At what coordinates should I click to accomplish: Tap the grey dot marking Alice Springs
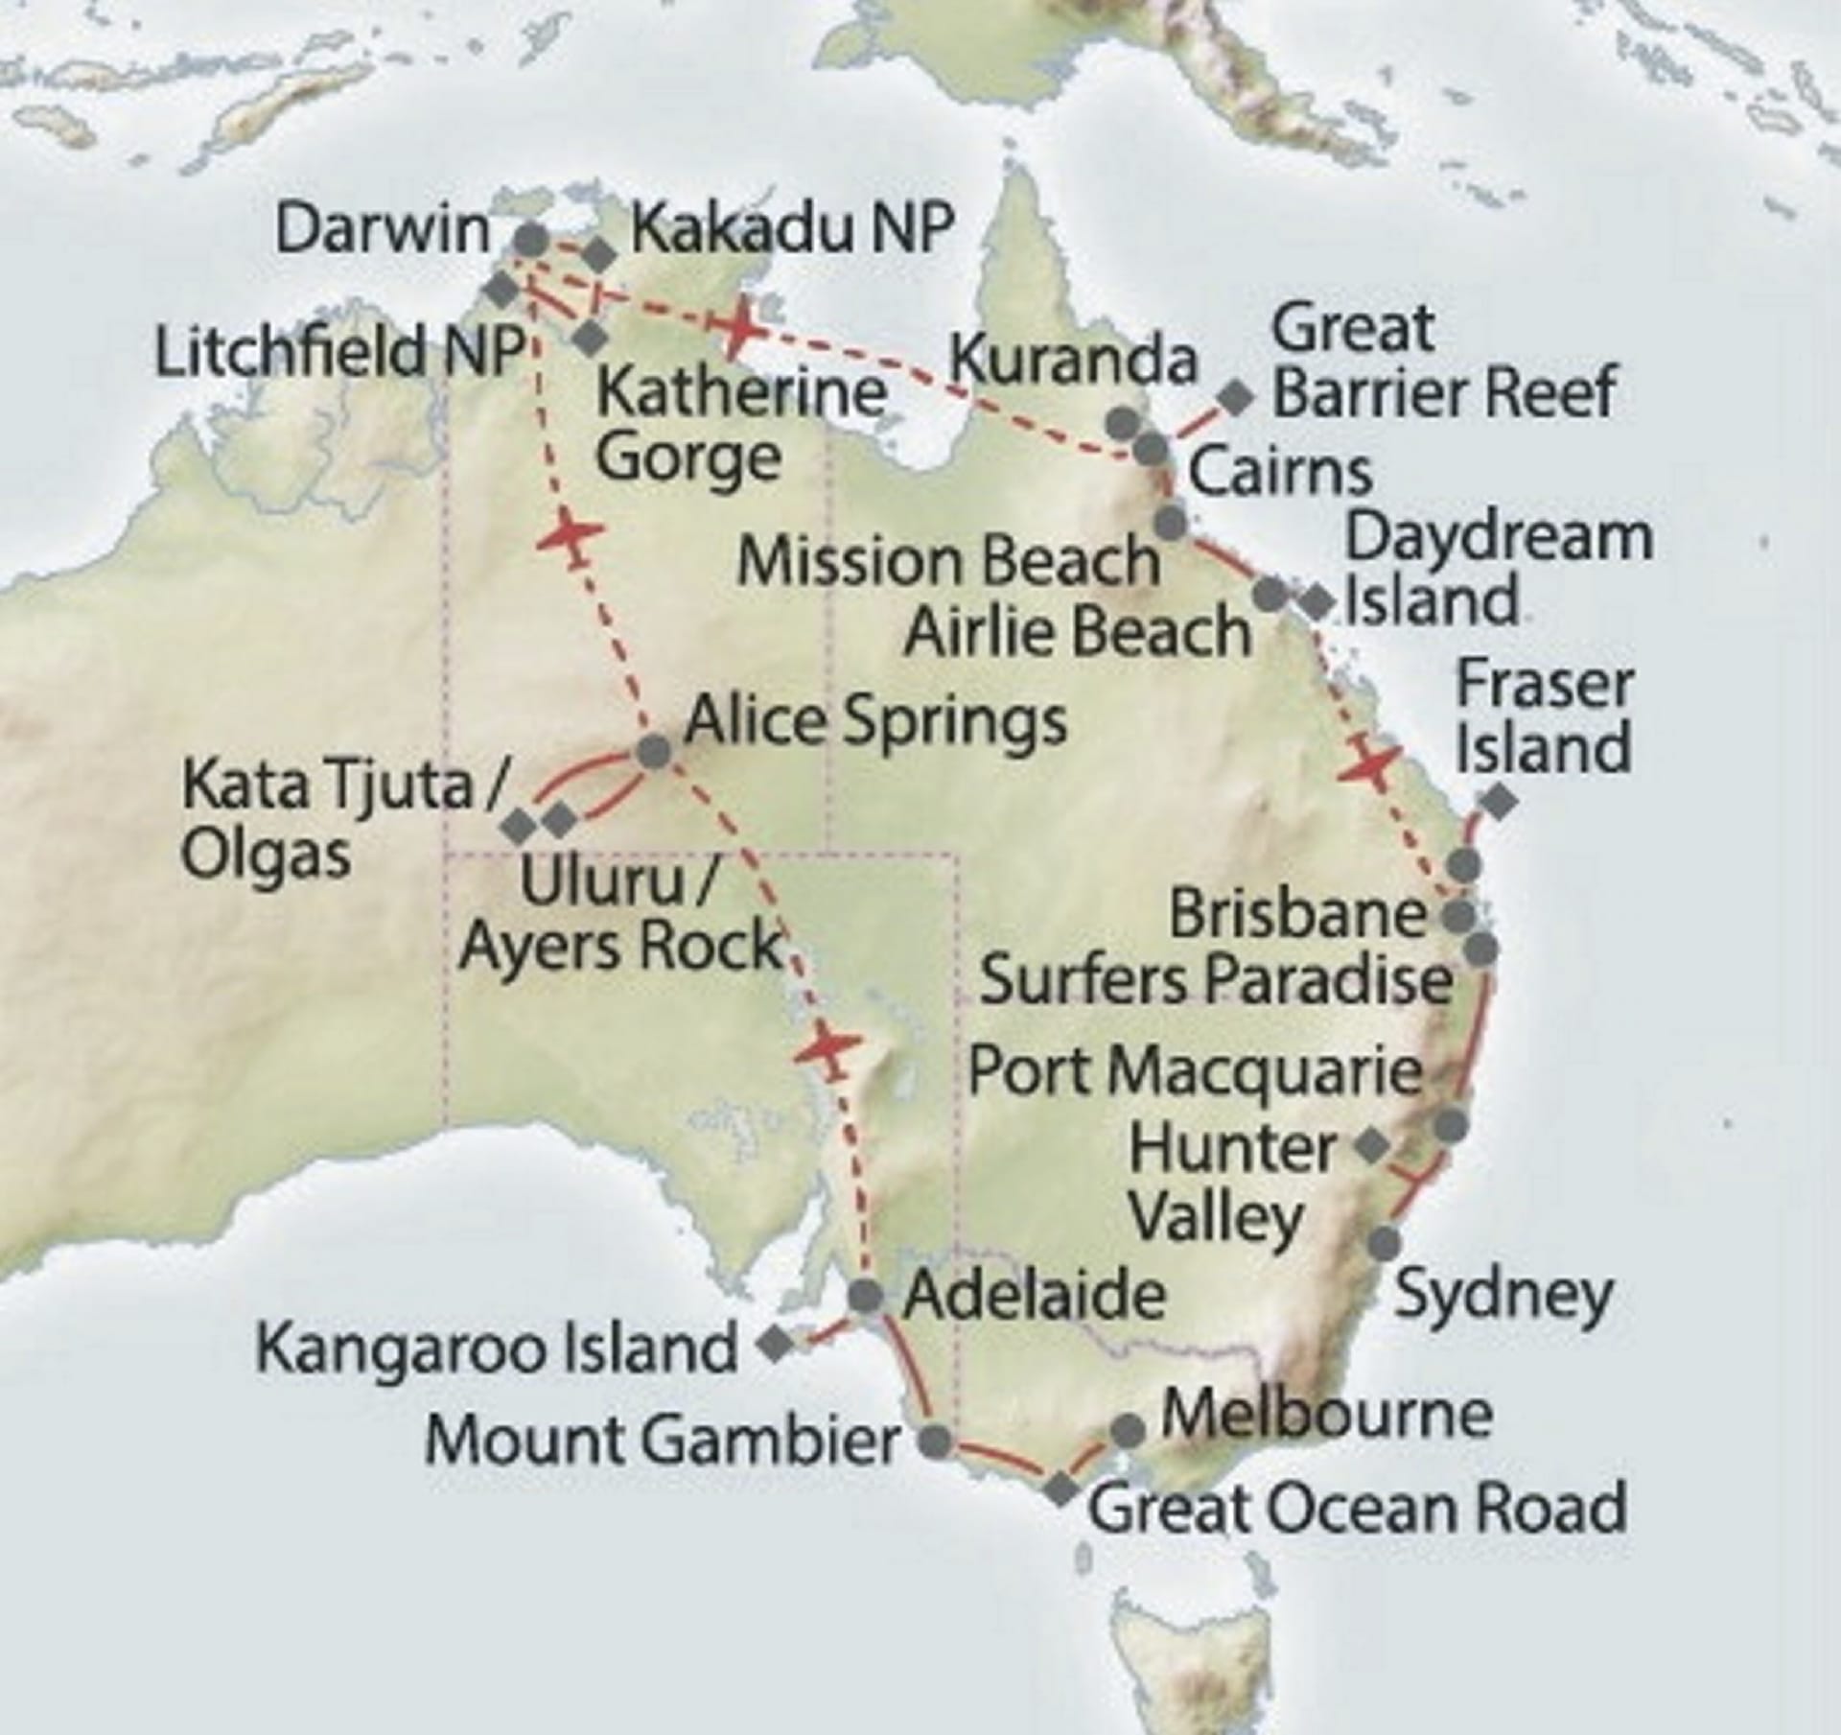click(655, 751)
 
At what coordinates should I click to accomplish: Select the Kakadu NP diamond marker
click(600, 254)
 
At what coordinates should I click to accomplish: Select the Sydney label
click(1503, 1295)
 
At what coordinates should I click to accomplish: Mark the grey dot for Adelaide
click(865, 1296)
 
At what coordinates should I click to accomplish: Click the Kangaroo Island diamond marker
click(775, 1344)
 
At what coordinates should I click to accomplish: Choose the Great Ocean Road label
click(1357, 1507)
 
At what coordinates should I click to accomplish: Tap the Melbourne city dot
click(1128, 1431)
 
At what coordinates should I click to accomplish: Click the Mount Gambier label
click(662, 1440)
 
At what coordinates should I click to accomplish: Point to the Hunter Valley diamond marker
click(1373, 1144)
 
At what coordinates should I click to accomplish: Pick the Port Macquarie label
click(1195, 1070)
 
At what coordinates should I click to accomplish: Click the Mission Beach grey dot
click(1171, 523)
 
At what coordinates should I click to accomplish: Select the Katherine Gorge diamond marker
click(590, 337)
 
